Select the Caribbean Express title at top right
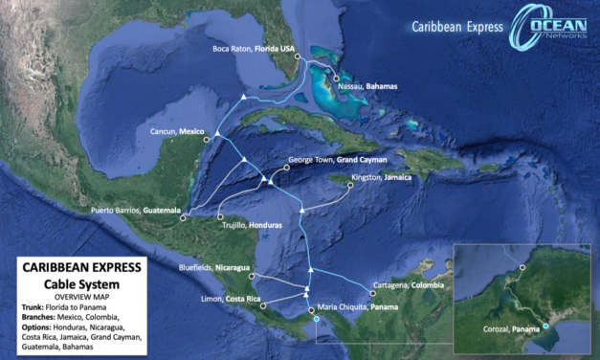tap(456, 27)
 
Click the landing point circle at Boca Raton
tap(299, 57)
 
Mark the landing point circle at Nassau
tap(336, 79)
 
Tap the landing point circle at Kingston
tap(349, 185)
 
